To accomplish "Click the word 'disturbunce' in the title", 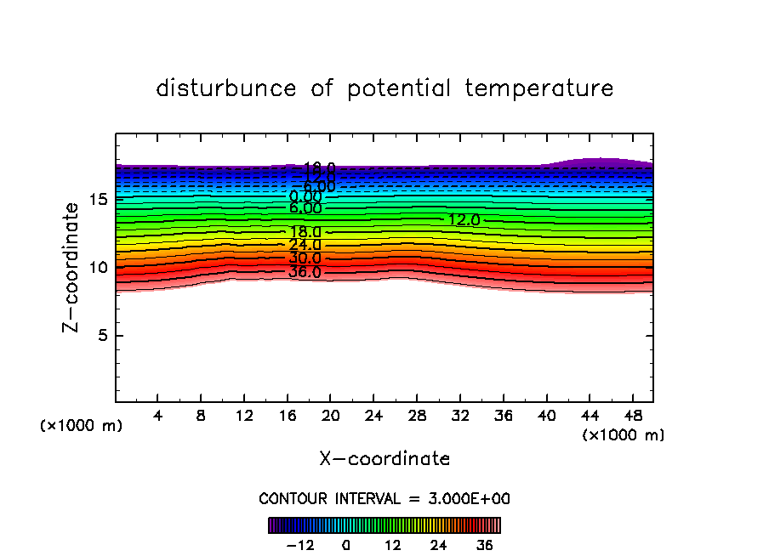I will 226,88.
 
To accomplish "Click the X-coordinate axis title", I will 384,459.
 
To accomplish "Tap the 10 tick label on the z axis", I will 98,268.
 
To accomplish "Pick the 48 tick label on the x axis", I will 632,417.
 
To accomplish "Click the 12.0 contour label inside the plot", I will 464,220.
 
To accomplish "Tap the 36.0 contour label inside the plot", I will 305,273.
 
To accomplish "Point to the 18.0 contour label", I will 305,232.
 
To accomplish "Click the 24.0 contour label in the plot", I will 305,245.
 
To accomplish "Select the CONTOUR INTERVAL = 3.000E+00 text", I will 384,498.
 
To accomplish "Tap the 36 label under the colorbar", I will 484,545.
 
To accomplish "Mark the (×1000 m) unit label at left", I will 82,426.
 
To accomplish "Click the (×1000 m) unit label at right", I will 624,435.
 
